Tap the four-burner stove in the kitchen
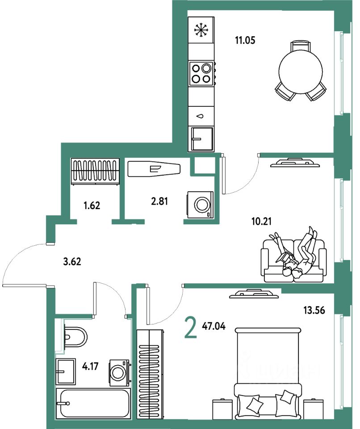(x=201, y=74)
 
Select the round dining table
(x=300, y=70)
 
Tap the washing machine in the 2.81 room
(x=201, y=205)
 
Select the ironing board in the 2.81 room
(x=154, y=169)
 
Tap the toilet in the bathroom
(x=73, y=336)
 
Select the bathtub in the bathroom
(x=93, y=403)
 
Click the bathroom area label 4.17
(x=91, y=369)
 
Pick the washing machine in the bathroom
(x=119, y=372)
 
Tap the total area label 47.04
(x=213, y=326)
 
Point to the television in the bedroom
(x=252, y=294)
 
